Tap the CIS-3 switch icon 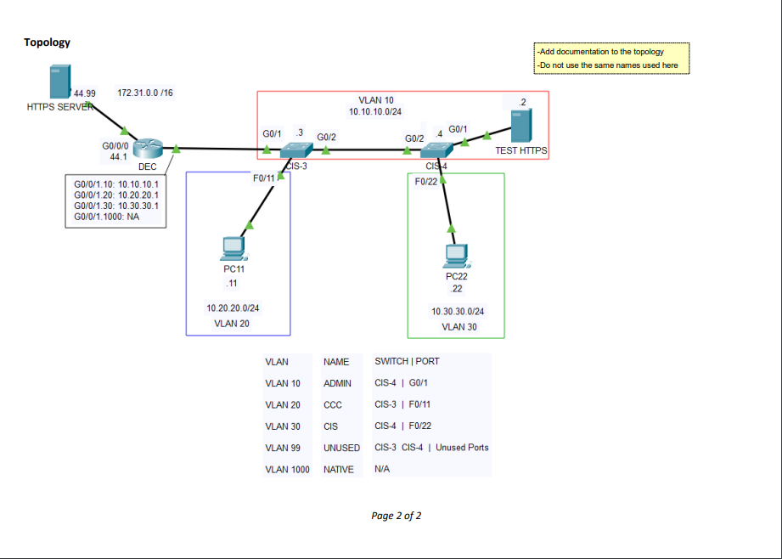[296, 150]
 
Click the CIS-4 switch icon [436, 150]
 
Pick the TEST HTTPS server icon [521, 127]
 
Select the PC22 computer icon [457, 255]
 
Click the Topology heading [47, 42]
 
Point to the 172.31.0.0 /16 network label [145, 93]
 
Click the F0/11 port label [263, 178]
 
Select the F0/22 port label [425, 181]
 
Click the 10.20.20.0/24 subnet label [233, 308]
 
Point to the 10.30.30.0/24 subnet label [458, 312]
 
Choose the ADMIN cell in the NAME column [337, 383]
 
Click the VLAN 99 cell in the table [283, 448]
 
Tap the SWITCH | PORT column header [407, 361]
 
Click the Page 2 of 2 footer [397, 516]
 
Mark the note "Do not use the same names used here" [608, 65]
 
